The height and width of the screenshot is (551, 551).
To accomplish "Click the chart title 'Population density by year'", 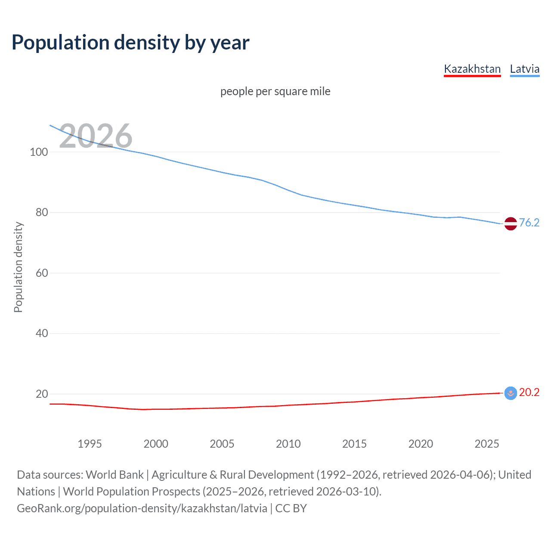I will click(x=130, y=43).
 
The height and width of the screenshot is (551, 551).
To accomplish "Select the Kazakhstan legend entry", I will click(x=472, y=69).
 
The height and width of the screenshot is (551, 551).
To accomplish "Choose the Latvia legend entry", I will click(x=524, y=69).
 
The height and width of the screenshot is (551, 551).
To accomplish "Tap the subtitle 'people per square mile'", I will click(x=275, y=92).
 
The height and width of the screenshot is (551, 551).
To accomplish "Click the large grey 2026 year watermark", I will click(x=96, y=136).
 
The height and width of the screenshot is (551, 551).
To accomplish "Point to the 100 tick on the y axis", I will click(x=39, y=152).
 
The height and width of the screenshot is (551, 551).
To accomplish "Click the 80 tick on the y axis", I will click(x=41, y=213).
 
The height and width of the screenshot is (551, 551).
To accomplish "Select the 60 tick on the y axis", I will click(x=41, y=273).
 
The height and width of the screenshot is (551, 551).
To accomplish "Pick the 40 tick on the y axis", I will click(x=41, y=334).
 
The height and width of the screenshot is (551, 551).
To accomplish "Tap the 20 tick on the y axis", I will click(x=41, y=394).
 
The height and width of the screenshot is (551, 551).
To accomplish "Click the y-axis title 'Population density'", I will click(x=18, y=267).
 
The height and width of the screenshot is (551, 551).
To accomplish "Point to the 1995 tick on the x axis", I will click(x=90, y=444).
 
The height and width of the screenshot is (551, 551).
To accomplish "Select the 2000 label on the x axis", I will click(x=156, y=444).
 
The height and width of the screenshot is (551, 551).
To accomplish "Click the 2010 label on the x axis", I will click(x=288, y=444).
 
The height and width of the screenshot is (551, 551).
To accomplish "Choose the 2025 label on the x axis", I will click(x=486, y=444).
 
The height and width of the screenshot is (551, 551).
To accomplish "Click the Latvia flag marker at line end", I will click(x=511, y=224).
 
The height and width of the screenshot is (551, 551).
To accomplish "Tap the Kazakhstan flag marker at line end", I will click(x=511, y=393).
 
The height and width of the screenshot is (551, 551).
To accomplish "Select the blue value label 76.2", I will click(x=529, y=223).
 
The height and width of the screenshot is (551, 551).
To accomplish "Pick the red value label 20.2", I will click(x=529, y=392).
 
